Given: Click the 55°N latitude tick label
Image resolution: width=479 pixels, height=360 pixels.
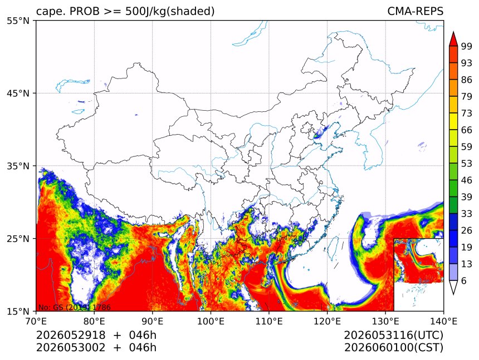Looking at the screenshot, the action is [x=18, y=21].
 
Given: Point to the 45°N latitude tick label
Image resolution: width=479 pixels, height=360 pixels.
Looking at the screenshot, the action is [x=18, y=93].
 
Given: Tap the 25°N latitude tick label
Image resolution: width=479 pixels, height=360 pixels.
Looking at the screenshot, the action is [x=18, y=238].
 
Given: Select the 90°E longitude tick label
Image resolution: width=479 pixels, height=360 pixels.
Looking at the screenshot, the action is [x=153, y=321].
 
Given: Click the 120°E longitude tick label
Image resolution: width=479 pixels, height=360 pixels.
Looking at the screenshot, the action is [x=327, y=321].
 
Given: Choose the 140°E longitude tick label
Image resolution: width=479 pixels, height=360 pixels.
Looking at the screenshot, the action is [x=443, y=321].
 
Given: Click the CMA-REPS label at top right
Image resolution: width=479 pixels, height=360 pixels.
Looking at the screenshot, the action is [x=415, y=11].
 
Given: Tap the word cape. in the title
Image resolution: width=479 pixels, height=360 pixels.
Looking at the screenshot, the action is [x=50, y=12].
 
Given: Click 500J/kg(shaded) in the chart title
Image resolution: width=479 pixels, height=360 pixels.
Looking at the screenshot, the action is [x=170, y=11].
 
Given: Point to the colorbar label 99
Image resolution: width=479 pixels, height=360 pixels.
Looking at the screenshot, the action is [x=467, y=46].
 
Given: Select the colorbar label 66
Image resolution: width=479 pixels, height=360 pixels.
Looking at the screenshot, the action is [x=467, y=130].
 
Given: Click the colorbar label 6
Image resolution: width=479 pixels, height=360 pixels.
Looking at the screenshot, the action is [x=464, y=280].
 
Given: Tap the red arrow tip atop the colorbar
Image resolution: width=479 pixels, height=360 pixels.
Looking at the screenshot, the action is [x=453, y=32].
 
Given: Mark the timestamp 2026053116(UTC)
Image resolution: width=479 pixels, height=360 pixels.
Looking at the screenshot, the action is [x=393, y=335].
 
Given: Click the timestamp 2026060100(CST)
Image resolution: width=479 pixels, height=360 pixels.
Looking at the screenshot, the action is [x=393, y=347].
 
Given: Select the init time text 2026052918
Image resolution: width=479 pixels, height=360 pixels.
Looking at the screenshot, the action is [x=71, y=335].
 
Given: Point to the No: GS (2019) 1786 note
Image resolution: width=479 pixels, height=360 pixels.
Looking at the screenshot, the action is [x=74, y=307].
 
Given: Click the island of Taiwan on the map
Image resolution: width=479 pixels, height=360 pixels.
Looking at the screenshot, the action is [x=332, y=249].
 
